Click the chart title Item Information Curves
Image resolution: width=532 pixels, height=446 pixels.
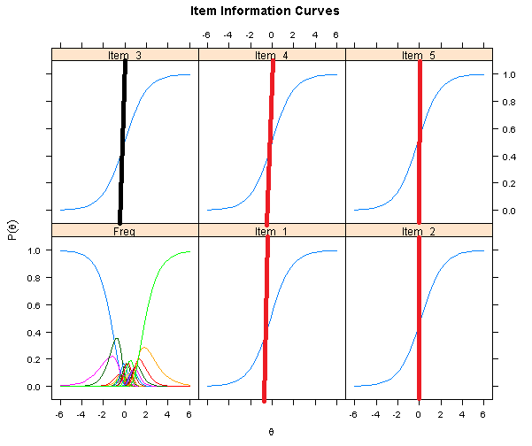tap(265, 12)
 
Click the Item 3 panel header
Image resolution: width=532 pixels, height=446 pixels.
tap(125, 55)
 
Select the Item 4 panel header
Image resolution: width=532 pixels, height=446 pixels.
tap(271, 55)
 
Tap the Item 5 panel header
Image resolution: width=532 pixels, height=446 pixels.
tap(419, 55)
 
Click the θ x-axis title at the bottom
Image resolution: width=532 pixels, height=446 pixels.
tap(271, 431)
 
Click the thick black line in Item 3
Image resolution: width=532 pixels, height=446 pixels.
tap(123, 142)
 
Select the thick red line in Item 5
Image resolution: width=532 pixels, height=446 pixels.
tap(419, 142)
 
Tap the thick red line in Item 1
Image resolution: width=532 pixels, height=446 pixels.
tap(266, 319)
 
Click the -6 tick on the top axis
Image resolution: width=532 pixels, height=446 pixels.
tap(207, 35)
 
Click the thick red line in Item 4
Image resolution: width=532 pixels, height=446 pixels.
tap(269, 142)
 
